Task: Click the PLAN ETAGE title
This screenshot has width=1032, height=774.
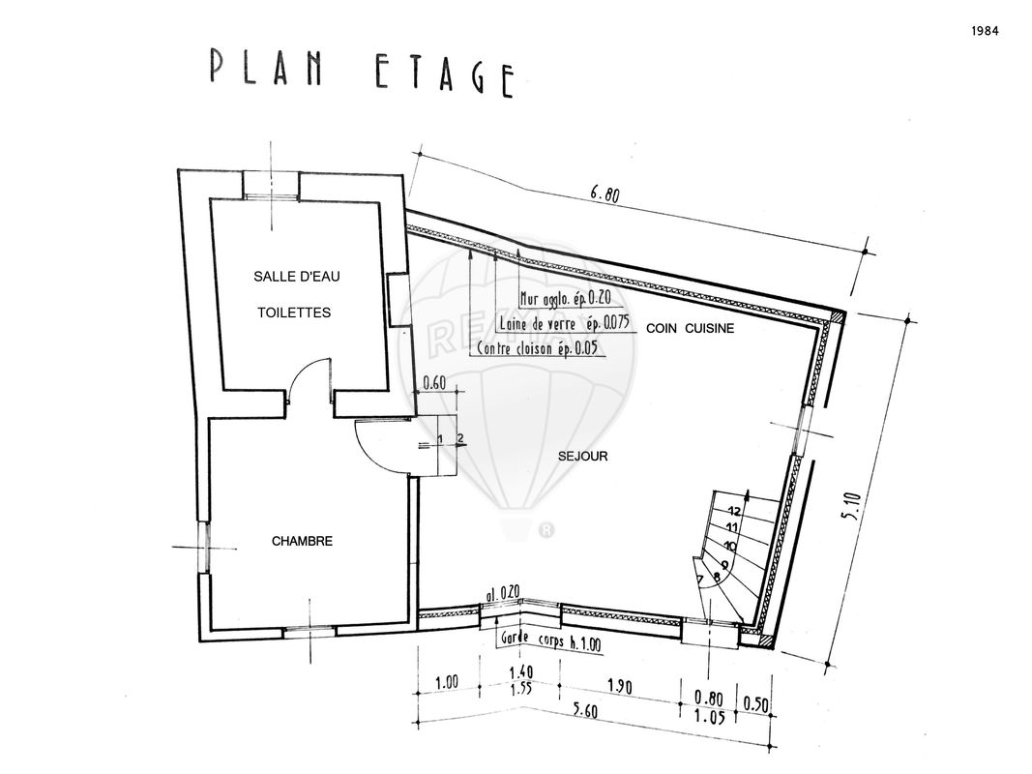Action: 362,72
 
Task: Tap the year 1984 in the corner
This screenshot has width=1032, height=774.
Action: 985,31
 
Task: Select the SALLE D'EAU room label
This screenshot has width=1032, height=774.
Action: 297,277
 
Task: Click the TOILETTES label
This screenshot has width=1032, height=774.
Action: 294,313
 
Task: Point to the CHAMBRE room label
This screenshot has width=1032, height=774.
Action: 302,541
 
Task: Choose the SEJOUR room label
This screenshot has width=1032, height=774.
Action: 582,456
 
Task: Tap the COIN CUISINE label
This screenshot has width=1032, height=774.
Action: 690,328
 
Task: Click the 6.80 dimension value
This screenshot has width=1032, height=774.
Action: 604,194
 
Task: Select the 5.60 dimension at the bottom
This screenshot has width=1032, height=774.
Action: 583,711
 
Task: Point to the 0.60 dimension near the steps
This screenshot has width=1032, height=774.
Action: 434,382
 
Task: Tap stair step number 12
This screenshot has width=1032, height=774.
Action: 734,511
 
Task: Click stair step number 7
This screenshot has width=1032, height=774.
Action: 700,580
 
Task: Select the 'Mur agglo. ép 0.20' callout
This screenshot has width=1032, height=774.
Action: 566,298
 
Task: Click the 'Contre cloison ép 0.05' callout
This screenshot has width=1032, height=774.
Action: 537,348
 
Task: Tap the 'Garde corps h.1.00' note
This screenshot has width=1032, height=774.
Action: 551,640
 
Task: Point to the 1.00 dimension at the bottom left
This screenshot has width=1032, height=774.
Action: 447,682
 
